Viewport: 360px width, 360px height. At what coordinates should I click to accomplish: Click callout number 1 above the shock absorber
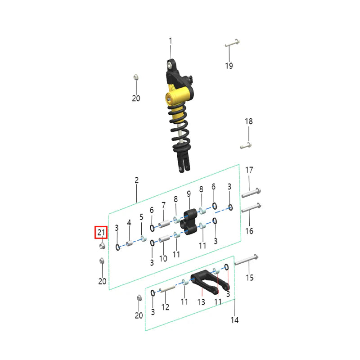pos(171,41)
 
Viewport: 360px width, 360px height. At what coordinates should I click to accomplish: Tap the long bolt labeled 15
pos(246,260)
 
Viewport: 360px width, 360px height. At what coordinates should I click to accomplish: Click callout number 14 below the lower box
pos(234,320)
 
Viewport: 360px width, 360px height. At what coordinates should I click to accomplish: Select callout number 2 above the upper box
pos(136,180)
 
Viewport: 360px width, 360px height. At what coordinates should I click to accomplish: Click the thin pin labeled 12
pos(168,290)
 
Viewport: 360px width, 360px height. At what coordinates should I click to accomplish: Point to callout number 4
pos(129,223)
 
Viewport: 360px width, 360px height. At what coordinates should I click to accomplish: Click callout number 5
pos(141,217)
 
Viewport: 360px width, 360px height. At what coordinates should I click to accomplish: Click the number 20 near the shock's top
pos(136,98)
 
